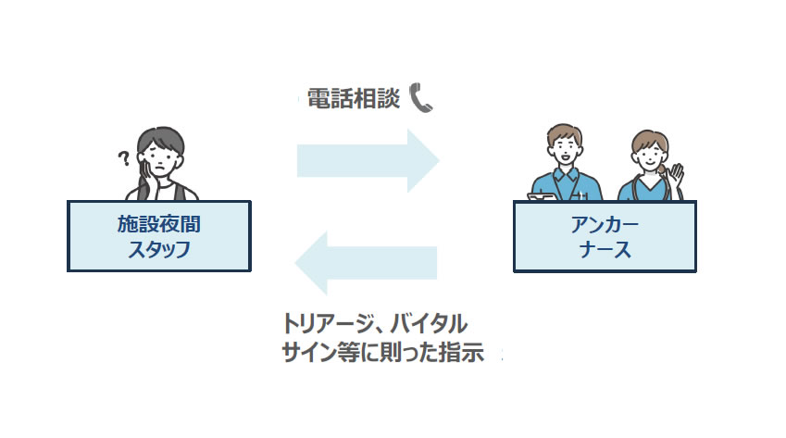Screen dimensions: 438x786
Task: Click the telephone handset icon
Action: [420, 97]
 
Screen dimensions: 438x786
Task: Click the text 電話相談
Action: [353, 98]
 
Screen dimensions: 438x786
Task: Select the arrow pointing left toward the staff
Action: [365, 263]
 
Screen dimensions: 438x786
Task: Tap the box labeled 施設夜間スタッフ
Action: [159, 236]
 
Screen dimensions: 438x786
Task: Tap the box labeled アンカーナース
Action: [605, 236]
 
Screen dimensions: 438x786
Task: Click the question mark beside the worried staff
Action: [121, 160]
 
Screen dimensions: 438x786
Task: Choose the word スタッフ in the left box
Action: [159, 248]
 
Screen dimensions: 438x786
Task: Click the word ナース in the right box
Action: [605, 248]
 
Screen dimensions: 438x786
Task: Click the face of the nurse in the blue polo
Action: [563, 148]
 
